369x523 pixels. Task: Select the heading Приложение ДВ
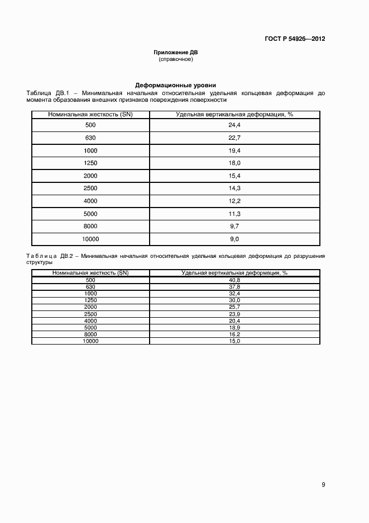pyautogui.click(x=176, y=52)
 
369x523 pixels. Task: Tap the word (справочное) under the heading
pyautogui.click(x=176, y=59)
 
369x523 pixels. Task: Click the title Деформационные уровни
pyautogui.click(x=176, y=86)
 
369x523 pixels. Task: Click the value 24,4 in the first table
pyautogui.click(x=234, y=125)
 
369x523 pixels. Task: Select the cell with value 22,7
pyautogui.click(x=234, y=138)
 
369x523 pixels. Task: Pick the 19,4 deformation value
pyautogui.click(x=234, y=151)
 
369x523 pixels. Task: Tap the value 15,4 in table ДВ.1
pyautogui.click(x=234, y=176)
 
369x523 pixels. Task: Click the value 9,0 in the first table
pyautogui.click(x=234, y=239)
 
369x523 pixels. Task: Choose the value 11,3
pyautogui.click(x=234, y=214)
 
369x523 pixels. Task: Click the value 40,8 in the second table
pyautogui.click(x=234, y=280)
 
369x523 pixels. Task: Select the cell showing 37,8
pyautogui.click(x=234, y=286)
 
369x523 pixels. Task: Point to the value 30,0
pyautogui.click(x=234, y=300)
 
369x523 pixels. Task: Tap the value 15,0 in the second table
pyautogui.click(x=234, y=341)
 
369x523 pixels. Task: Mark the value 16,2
pyautogui.click(x=234, y=334)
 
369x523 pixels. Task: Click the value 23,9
pyautogui.click(x=234, y=314)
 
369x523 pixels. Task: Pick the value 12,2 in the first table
pyautogui.click(x=234, y=201)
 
